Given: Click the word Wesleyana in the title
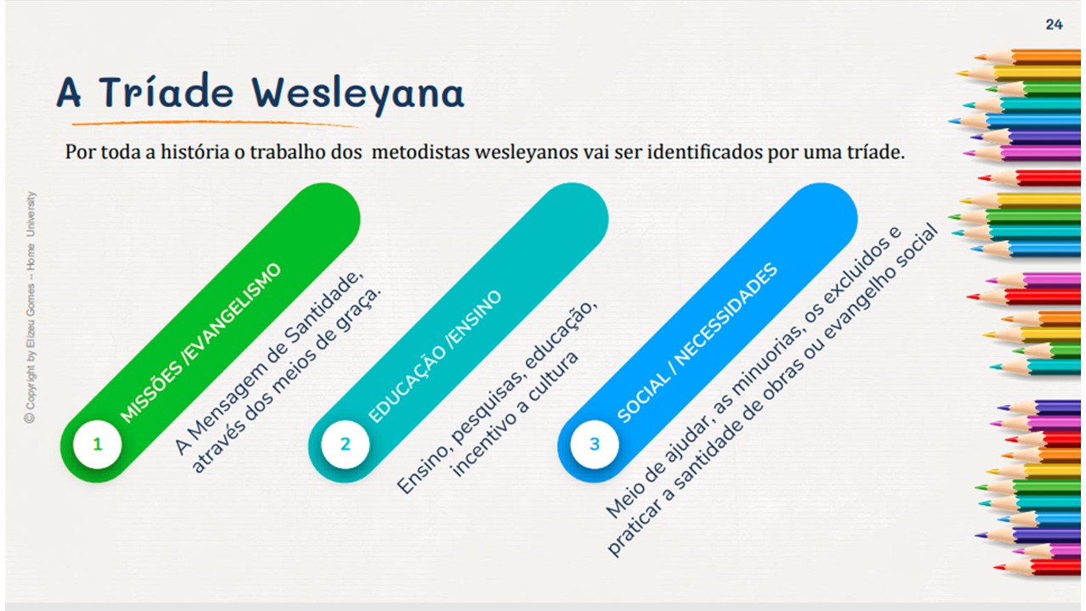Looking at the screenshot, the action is click(358, 93).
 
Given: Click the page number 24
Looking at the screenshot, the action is click(1054, 25).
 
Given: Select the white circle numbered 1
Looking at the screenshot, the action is click(98, 444).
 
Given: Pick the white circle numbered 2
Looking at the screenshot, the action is click(345, 444).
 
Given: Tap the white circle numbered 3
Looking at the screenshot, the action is click(595, 444).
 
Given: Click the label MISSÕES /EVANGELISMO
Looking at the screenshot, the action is click(200, 344).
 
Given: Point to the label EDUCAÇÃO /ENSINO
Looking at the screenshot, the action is click(435, 356).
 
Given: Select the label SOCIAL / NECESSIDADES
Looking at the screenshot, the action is click(697, 343).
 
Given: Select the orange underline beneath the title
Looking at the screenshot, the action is click(216, 124).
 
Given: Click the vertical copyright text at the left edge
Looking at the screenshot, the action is click(30, 307).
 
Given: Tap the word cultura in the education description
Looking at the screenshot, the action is click(554, 376).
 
